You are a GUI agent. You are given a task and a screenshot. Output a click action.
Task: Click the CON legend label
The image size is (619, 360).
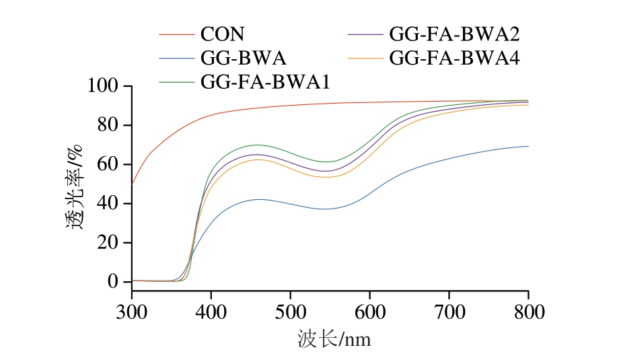[222, 34]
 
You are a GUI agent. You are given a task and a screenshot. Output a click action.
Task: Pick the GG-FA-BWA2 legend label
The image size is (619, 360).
[455, 34]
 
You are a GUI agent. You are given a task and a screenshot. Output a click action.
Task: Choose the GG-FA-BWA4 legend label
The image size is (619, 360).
[455, 58]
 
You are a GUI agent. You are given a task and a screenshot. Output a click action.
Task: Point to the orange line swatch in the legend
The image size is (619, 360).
[365, 58]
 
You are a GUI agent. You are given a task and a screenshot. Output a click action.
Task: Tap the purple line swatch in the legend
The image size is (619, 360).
[365, 34]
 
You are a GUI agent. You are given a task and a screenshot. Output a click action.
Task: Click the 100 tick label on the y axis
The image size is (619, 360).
[103, 86]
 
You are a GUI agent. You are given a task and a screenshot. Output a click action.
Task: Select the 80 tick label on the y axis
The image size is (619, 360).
[108, 125]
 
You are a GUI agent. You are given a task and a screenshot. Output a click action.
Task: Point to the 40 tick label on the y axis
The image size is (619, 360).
[108, 203]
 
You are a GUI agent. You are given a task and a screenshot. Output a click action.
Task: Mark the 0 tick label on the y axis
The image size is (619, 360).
[113, 281]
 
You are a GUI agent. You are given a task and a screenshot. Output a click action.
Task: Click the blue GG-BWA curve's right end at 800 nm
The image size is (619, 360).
[527, 146]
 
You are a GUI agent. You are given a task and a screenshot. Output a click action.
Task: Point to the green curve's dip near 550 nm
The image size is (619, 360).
[326, 161]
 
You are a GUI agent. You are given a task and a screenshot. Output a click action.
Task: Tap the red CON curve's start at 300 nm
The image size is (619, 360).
[133, 182]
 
